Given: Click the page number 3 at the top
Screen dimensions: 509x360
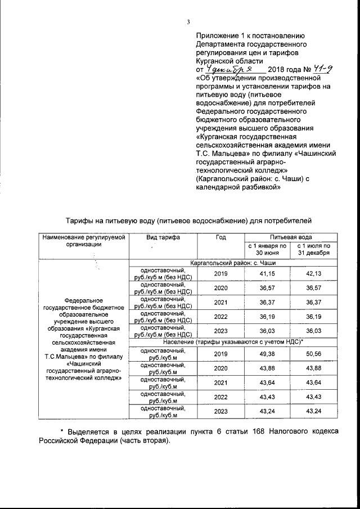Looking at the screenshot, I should (189, 22).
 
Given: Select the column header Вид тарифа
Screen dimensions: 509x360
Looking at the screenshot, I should (163, 237).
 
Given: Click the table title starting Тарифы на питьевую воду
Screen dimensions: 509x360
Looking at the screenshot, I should (186, 219).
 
